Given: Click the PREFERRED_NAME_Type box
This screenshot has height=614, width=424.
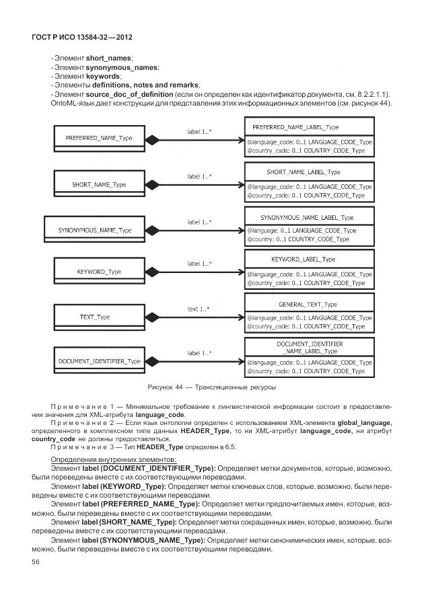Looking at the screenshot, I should point(99,139).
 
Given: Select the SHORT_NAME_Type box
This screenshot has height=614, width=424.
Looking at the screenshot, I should point(99,184).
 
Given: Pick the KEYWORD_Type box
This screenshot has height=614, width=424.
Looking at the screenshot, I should point(99,272).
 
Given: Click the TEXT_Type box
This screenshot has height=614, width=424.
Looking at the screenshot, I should point(95,317).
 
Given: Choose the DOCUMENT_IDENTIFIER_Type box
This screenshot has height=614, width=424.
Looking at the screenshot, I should point(99,361).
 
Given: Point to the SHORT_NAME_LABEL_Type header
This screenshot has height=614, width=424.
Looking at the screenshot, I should point(308,172).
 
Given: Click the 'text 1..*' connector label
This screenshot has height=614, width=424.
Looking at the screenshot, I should point(198,309).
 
